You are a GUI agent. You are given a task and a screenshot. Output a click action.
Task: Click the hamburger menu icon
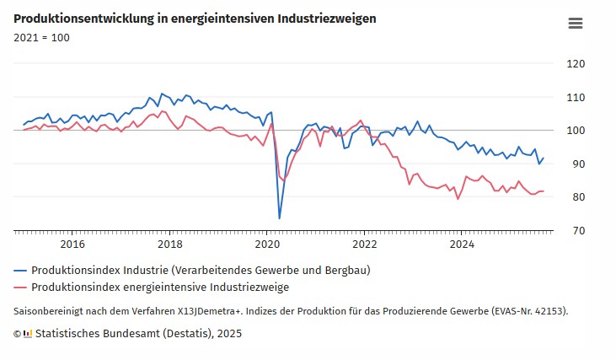(576, 24)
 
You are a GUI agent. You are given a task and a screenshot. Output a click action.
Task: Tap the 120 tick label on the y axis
(576, 64)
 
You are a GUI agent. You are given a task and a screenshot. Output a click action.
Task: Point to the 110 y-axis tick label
(576, 98)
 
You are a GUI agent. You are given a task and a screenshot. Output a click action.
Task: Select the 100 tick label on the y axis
(576, 131)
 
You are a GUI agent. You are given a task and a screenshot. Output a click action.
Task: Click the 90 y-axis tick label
(579, 164)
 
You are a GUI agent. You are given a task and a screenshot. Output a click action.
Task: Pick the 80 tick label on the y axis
(579, 197)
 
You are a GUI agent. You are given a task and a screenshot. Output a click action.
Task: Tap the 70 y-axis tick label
(579, 231)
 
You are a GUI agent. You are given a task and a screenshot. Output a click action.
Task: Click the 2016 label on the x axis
(72, 244)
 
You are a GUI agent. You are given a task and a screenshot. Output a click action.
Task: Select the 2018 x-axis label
(169, 244)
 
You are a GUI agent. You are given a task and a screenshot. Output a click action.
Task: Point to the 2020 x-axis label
(267, 244)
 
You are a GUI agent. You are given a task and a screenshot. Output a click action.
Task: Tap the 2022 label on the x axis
(365, 244)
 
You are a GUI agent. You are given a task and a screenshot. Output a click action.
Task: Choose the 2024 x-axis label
(462, 244)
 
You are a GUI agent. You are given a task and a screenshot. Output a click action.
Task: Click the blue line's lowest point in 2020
(279, 218)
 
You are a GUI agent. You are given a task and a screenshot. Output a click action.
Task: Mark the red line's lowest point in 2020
(283, 180)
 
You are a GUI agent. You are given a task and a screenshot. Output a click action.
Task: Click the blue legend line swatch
(20, 271)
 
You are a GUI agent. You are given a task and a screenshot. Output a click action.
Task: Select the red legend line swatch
(20, 287)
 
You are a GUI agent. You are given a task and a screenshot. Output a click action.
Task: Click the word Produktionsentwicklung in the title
(84, 19)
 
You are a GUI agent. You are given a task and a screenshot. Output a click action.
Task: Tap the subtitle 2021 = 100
(41, 38)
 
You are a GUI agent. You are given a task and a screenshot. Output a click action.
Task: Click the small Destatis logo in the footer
(28, 334)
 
